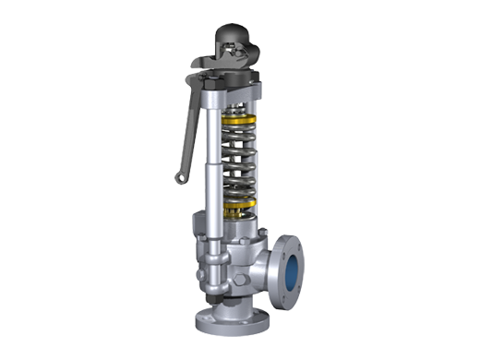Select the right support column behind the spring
point(266,157)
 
